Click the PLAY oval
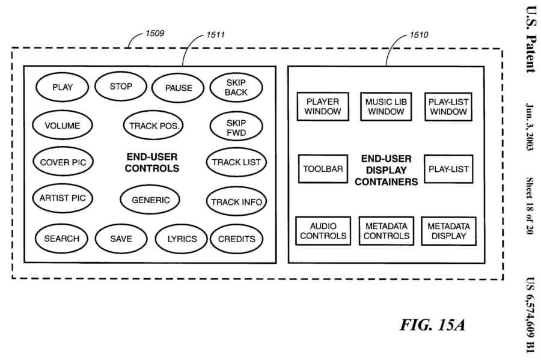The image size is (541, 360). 63,88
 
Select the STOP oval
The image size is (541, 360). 121,87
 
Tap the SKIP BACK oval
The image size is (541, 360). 236,88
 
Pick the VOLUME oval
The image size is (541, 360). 62,126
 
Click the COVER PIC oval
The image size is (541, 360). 63,162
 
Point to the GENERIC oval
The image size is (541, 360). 151,200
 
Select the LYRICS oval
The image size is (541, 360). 182,239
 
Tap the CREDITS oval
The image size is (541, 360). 236,239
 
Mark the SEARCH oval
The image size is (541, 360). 61,239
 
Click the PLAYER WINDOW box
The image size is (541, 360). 323,106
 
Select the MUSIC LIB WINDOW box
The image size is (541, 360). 386,106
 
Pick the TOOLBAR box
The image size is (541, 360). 323,169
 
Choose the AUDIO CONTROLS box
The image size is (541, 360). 323,231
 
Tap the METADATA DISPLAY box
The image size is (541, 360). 448,231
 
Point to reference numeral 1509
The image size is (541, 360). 154,34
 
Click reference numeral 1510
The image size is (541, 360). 419,35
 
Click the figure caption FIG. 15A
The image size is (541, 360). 432,325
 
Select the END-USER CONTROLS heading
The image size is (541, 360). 152,162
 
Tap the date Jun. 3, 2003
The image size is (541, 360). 530,126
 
